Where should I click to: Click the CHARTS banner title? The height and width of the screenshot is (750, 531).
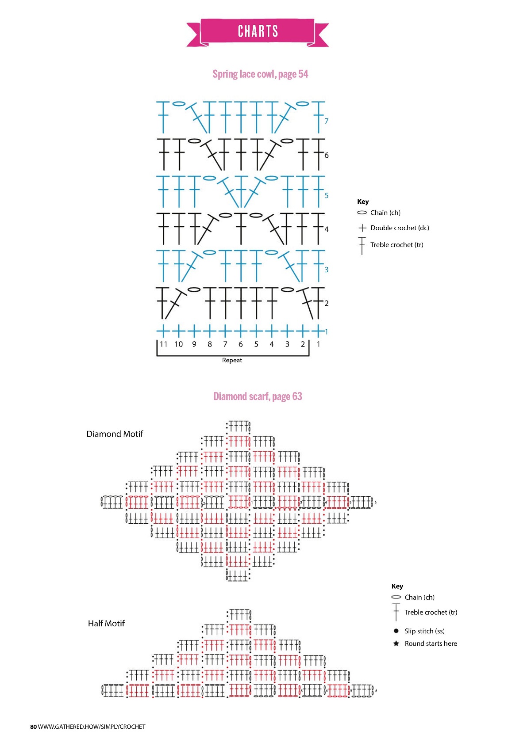(258, 31)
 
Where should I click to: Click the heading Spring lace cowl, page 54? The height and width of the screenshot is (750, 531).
(260, 74)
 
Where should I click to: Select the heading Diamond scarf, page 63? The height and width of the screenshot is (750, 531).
(258, 396)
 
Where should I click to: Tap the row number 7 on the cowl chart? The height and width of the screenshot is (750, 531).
(327, 121)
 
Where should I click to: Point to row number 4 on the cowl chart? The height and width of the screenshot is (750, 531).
(327, 229)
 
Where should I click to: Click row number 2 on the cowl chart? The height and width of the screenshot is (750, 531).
(327, 303)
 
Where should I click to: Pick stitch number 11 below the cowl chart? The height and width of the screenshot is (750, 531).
(164, 344)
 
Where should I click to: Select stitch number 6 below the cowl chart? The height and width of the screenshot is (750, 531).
(241, 344)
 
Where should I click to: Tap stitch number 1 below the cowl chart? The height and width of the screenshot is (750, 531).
(318, 344)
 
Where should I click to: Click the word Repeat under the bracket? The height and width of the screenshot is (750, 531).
(232, 360)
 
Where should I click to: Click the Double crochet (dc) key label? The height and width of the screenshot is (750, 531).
(400, 228)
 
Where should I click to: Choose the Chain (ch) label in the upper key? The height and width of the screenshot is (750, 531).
(385, 213)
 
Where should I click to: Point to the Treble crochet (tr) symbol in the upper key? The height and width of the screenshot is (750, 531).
(362, 245)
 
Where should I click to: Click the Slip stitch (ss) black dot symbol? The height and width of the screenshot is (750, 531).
(396, 631)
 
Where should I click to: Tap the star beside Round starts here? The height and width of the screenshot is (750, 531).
(396, 643)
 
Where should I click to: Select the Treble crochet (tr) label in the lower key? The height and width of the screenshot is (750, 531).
(431, 612)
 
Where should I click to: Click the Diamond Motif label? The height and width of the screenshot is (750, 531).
(115, 434)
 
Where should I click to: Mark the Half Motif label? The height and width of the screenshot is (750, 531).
(106, 624)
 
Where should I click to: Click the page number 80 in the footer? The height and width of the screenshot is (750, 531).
(34, 727)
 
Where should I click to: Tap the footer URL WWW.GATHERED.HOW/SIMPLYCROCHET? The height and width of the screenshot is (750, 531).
(92, 727)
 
